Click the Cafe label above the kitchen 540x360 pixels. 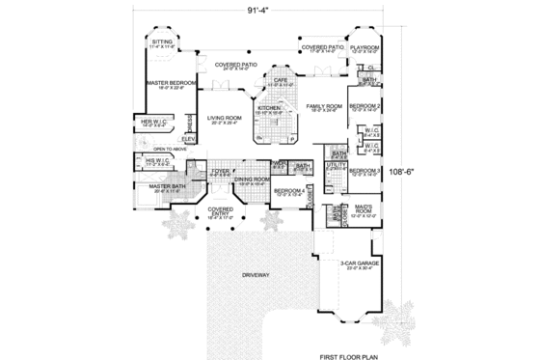[x=281, y=81]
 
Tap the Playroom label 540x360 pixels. [x=364, y=46]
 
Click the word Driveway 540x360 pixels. [x=243, y=276]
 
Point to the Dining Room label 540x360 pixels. [x=252, y=179]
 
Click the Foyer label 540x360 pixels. [x=221, y=171]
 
